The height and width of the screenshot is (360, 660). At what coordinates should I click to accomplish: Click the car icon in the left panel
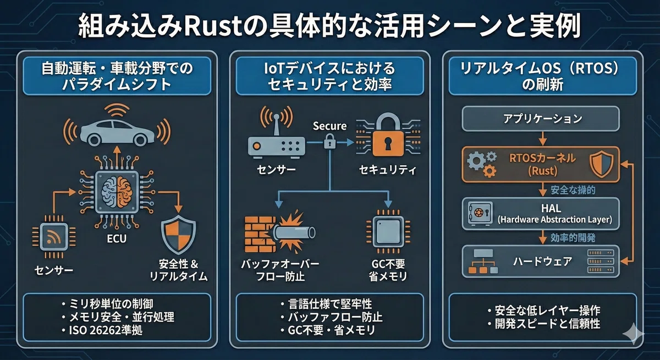click(x=117, y=133)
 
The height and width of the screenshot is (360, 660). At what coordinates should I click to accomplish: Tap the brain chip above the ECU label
click(x=117, y=192)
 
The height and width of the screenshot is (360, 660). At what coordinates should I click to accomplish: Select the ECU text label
click(x=117, y=239)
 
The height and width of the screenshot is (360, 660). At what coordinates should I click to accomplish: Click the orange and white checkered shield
click(x=178, y=234)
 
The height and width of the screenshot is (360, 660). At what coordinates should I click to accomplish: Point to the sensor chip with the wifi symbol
click(x=54, y=237)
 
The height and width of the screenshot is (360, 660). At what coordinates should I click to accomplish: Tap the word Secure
click(x=329, y=126)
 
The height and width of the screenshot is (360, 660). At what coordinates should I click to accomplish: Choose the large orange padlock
click(x=388, y=135)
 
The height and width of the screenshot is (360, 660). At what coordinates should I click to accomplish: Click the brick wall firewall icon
click(x=261, y=234)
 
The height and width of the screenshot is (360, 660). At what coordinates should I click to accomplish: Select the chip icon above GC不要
click(x=388, y=231)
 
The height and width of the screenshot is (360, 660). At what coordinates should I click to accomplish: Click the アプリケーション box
click(x=541, y=119)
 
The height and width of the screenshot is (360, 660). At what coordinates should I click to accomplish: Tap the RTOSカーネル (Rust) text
click(x=542, y=164)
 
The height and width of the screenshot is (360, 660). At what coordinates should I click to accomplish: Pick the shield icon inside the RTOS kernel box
click(x=601, y=164)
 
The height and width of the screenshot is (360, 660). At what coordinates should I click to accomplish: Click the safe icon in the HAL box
click(x=480, y=213)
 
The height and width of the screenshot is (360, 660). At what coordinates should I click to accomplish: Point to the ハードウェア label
click(x=542, y=262)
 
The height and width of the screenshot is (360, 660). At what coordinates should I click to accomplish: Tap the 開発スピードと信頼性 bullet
click(x=543, y=324)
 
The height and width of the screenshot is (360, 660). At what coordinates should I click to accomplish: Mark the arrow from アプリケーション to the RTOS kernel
click(x=542, y=139)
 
